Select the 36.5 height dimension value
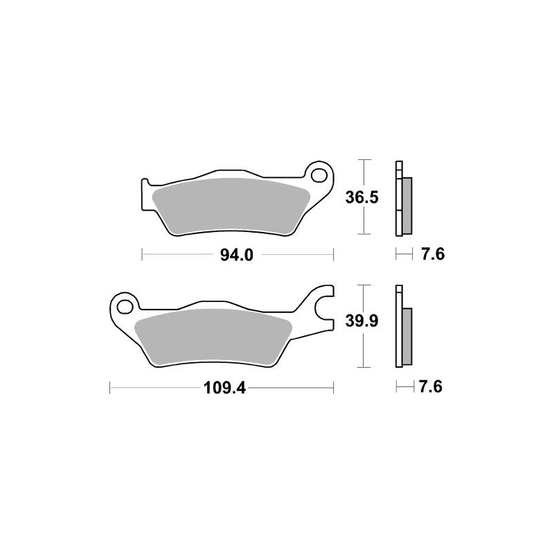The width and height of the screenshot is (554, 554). (x=361, y=198)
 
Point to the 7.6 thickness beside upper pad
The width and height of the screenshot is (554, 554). (x=431, y=256)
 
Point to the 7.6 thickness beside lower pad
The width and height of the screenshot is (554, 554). (x=431, y=387)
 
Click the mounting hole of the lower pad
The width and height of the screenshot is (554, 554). (x=125, y=304)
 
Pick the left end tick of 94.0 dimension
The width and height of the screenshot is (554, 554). (x=141, y=256)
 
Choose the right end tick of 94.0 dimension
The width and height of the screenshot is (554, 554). (x=334, y=256)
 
